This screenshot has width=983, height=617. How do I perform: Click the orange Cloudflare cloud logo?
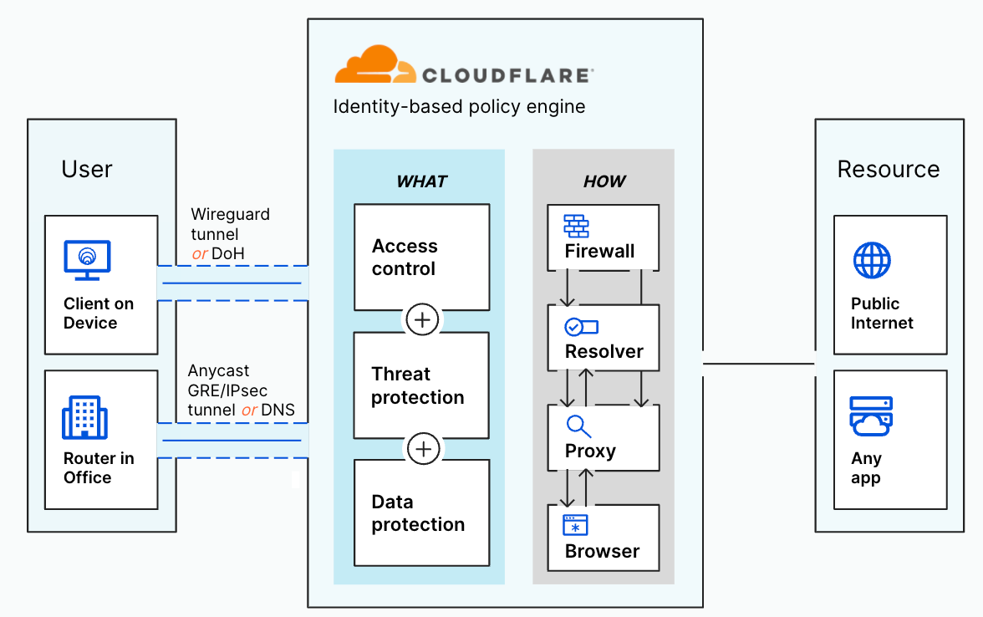pos(375,65)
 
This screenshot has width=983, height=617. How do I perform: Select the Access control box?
pos(421,258)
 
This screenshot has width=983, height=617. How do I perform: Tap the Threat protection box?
pos(421,385)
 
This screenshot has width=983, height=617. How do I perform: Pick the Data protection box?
pos(421,512)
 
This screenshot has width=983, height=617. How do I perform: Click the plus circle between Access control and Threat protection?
pos(422,320)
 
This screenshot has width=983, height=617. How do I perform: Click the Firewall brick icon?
pos(577,227)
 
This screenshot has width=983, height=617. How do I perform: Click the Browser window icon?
pos(576,525)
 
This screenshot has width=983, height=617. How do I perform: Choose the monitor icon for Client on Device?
pos(87,259)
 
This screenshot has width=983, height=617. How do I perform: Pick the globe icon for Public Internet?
pos(872,260)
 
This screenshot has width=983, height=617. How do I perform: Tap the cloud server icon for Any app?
pos(871,416)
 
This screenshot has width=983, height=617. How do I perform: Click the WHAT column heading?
pos(421,181)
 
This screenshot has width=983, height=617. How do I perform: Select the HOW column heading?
pos(604,181)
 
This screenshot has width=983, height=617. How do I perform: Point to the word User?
pos(87,169)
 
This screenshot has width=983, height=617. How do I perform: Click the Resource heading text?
pos(889,170)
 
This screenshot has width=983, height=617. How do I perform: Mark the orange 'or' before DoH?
pos(200,252)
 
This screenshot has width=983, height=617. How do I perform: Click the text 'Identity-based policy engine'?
pos(459,107)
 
